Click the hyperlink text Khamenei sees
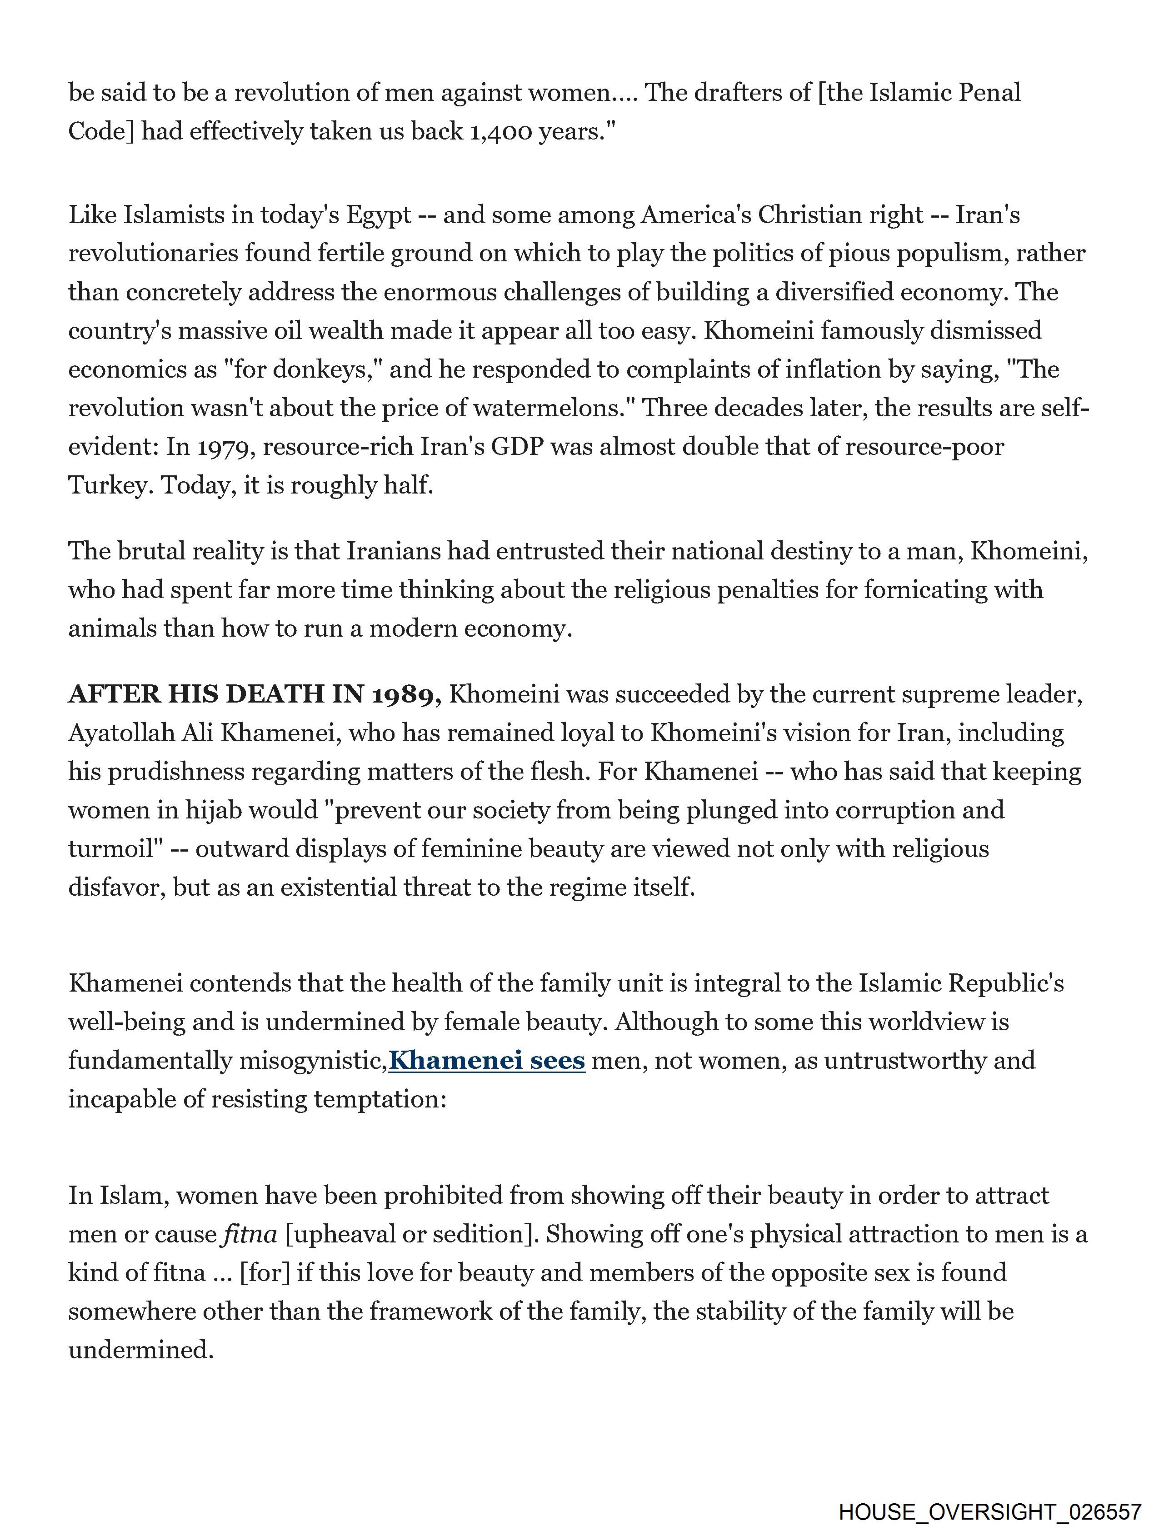[x=487, y=1060]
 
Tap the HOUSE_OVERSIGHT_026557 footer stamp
[x=989, y=1512]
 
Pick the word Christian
[x=806, y=215]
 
